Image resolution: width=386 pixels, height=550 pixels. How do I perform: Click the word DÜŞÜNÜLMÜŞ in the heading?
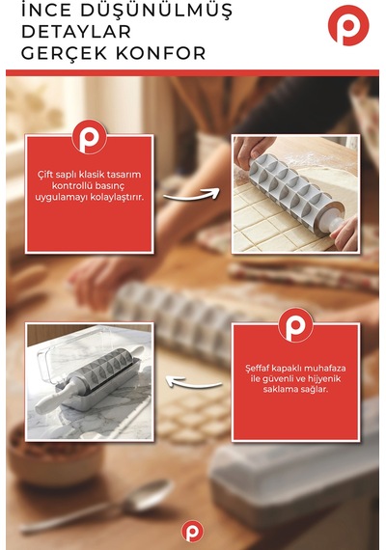click(x=156, y=11)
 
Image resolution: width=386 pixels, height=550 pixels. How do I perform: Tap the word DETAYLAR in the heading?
click(x=76, y=32)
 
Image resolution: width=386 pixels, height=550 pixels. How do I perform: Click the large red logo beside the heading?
click(x=348, y=25)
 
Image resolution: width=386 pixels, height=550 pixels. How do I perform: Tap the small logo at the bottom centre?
click(x=192, y=531)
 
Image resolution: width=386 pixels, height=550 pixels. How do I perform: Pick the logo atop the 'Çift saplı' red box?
click(x=89, y=137)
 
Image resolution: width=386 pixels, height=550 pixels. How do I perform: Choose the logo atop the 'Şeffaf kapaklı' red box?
click(x=295, y=325)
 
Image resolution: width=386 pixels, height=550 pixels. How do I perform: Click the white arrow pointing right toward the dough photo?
click(x=192, y=195)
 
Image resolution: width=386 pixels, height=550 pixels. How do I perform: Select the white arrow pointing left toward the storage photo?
click(x=194, y=383)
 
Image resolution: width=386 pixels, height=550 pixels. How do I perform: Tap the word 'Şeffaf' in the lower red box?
click(x=259, y=369)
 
